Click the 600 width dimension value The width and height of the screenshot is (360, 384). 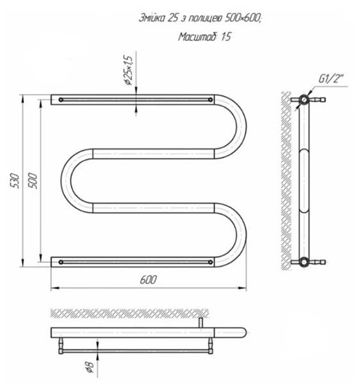148,280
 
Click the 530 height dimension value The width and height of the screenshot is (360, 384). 15,180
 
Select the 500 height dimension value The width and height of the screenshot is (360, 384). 32,180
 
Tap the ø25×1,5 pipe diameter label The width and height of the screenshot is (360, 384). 129,70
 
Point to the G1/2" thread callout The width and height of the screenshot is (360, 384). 331,79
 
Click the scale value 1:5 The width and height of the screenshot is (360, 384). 226,36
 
